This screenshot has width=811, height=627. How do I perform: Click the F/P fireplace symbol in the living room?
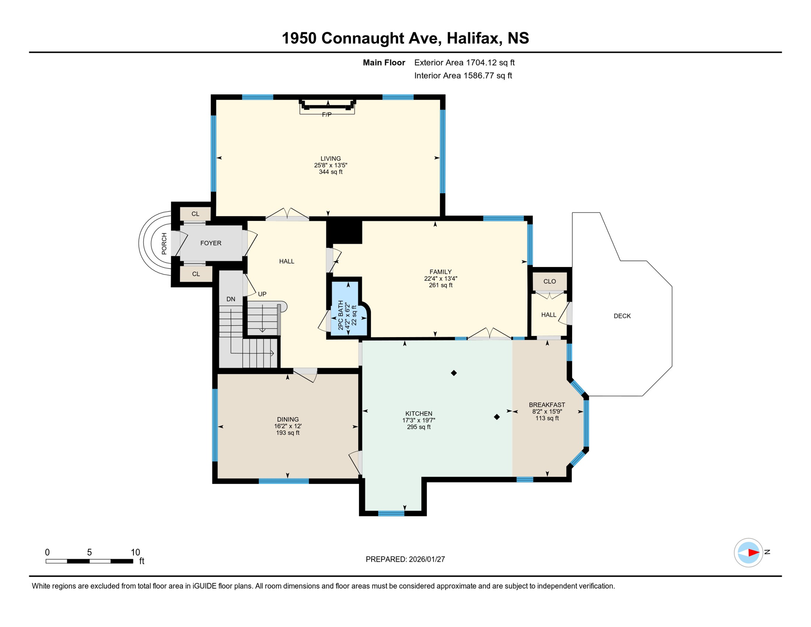click(327, 107)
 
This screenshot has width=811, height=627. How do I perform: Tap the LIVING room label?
click(330, 158)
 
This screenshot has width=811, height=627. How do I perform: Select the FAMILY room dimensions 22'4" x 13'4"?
click(441, 278)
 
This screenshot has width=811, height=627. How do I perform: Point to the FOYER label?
click(211, 243)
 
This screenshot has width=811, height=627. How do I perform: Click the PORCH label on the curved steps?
click(164, 244)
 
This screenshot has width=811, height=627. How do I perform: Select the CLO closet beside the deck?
click(550, 281)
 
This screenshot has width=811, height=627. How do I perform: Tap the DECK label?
click(622, 316)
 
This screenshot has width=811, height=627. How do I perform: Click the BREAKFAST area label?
click(547, 405)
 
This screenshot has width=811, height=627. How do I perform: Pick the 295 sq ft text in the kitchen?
click(419, 427)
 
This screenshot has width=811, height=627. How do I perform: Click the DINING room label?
click(288, 419)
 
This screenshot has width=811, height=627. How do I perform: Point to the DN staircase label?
click(231, 299)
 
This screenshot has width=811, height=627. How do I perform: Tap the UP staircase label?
click(262, 294)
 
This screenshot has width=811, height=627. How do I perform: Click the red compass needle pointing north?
click(753, 552)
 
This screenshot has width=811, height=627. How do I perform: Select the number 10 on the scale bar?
click(135, 552)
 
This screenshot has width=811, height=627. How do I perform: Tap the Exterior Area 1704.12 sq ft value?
click(490, 62)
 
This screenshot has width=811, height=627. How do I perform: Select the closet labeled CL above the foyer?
click(195, 214)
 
